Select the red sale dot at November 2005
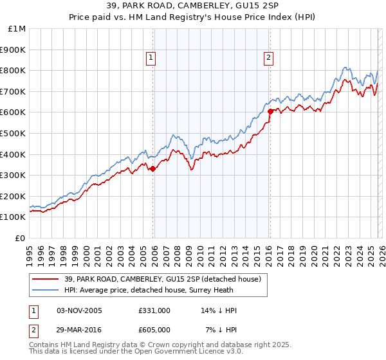(x=152, y=169)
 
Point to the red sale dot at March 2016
(x=270, y=111)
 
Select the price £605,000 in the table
(x=154, y=329)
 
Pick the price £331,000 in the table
(x=154, y=310)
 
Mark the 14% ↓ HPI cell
(x=219, y=310)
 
